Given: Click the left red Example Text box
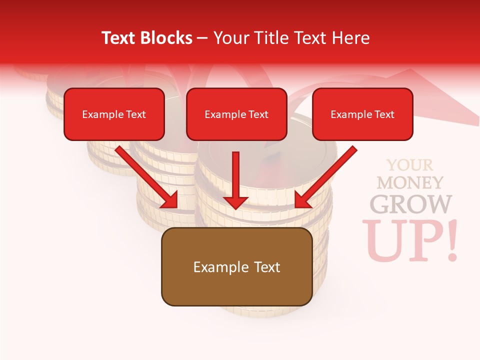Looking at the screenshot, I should click(114, 114).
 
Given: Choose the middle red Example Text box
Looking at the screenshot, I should click(236, 114).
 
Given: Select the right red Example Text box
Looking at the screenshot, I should click(362, 114).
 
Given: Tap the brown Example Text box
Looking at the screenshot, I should click(236, 266).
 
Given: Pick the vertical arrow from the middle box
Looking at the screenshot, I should click(235, 180).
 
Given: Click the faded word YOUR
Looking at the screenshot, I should click(410, 165).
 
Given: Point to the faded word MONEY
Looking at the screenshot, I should click(410, 182).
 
